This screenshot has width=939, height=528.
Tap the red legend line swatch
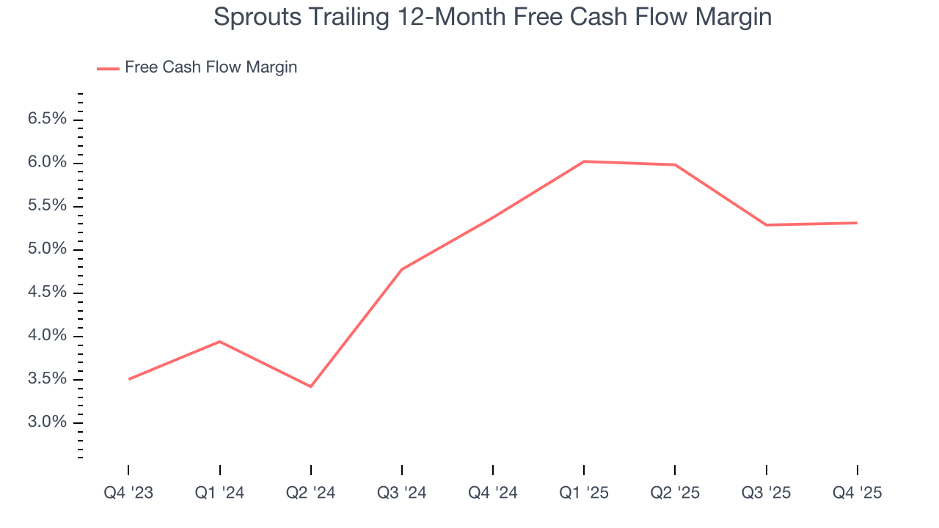pyautogui.click(x=108, y=68)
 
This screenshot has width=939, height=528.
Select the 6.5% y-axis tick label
pyautogui.click(x=48, y=119)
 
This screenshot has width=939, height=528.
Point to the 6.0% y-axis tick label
pyautogui.click(x=48, y=162)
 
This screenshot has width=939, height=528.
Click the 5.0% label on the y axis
pyautogui.click(x=48, y=249)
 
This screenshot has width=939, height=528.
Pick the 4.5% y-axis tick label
pyautogui.click(x=48, y=293)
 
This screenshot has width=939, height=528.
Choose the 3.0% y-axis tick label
pyautogui.click(x=48, y=422)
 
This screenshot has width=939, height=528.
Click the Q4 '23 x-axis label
pyautogui.click(x=128, y=493)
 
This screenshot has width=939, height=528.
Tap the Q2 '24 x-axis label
pyautogui.click(x=311, y=493)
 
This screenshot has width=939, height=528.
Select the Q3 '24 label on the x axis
pyautogui.click(x=402, y=493)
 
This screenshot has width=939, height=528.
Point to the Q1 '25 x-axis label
pyautogui.click(x=584, y=493)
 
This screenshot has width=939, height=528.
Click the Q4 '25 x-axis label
pyautogui.click(x=858, y=493)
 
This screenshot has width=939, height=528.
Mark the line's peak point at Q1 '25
pyautogui.click(x=584, y=161)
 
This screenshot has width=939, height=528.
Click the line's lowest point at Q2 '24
pyautogui.click(x=311, y=386)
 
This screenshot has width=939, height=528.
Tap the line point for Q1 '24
pyautogui.click(x=219, y=341)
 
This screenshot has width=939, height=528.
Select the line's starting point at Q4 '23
pyautogui.click(x=128, y=379)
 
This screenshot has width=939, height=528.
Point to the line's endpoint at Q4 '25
pyautogui.click(x=858, y=223)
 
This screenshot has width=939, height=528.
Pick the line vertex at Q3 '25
pyautogui.click(x=767, y=225)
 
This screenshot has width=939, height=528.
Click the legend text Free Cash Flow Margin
pyautogui.click(x=211, y=67)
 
